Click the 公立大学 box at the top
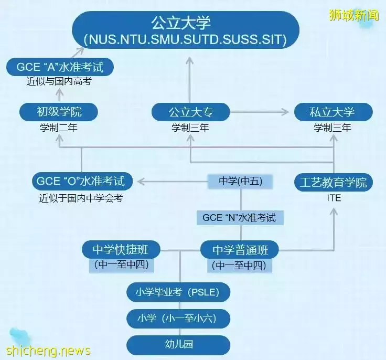[186, 30]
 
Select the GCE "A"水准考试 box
[60, 67]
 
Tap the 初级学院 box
[59, 112]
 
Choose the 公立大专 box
[190, 112]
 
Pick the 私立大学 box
[334, 112]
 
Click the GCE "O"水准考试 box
[82, 181]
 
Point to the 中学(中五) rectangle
[240, 182]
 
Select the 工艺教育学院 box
[334, 182]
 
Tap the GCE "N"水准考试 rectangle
[240, 218]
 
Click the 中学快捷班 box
[121, 250]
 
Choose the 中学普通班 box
[240, 250]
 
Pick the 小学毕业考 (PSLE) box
[178, 292]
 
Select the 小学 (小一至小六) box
[178, 319]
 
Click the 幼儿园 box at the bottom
[178, 345]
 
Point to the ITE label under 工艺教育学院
[334, 198]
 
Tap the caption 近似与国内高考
[59, 81]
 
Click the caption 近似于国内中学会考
[81, 198]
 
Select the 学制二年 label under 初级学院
[59, 128]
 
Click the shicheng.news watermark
[48, 351]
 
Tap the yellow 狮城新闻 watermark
[354, 15]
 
